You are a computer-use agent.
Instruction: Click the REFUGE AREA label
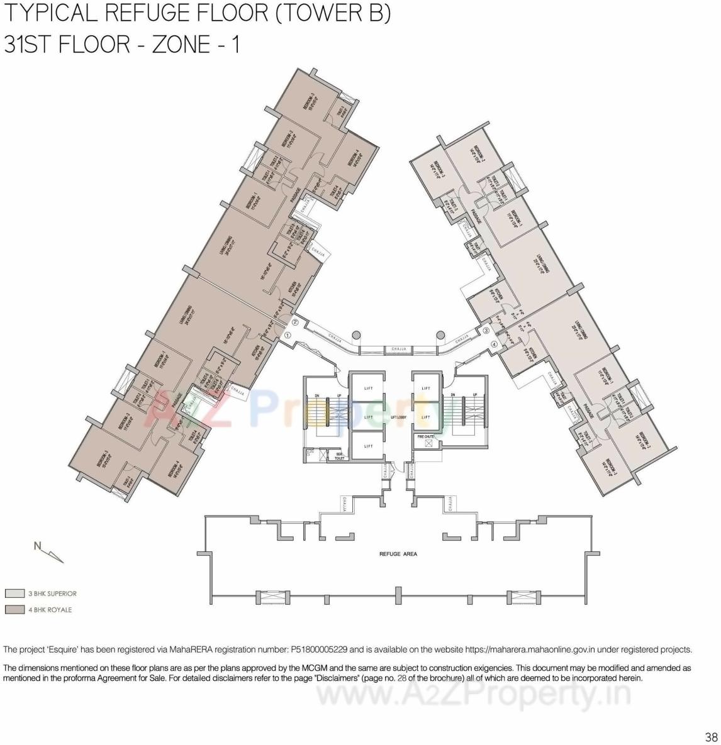pos(398,554)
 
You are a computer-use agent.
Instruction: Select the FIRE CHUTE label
pos(426,436)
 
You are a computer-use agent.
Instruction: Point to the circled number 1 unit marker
pos(288,336)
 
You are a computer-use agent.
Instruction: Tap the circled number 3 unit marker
pos(486,331)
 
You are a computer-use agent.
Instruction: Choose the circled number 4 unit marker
pos(494,344)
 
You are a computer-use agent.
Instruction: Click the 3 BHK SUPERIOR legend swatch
pos(14,593)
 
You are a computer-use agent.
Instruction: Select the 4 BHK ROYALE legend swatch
pos(14,610)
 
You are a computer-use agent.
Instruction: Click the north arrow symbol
pos(49,551)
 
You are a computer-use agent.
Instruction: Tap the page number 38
pos(711,737)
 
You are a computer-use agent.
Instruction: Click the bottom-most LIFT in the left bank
pos(369,446)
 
